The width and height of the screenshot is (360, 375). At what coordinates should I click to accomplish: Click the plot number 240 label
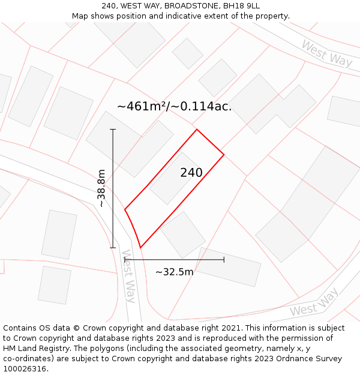191,173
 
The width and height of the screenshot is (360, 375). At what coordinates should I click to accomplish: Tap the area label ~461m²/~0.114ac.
174,107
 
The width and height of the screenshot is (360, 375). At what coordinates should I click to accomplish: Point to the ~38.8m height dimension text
101,188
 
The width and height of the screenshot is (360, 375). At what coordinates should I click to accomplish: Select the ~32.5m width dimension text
175,272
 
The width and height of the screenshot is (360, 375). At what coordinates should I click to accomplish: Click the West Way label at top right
326,54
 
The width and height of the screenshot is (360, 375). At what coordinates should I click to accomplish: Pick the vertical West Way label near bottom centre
129,277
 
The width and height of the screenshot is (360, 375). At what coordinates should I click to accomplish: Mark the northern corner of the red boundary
197,130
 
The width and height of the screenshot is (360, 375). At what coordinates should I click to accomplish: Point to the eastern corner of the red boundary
224,155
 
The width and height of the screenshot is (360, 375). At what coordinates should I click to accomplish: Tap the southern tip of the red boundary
140,247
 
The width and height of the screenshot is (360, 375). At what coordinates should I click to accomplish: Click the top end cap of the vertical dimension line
113,129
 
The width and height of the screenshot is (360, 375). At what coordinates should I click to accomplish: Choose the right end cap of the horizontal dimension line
224,260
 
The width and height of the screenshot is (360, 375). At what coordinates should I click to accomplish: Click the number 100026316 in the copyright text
26,369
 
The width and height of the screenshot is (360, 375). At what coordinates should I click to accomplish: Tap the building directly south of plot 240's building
183,234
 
